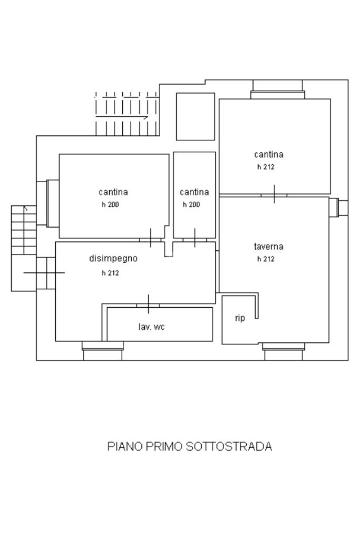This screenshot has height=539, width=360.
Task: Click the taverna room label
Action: pos(268,247)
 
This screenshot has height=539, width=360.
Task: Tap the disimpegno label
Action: pos(113,258)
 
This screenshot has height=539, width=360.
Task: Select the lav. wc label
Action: pos(151,327)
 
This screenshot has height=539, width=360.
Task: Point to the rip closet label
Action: pos(240,318)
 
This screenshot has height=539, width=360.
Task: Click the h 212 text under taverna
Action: pos(266,259)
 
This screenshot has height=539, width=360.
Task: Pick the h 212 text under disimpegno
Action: pos(110,273)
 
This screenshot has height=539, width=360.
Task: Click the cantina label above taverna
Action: pos(268,154)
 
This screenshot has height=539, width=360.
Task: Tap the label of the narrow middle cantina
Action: pos(194,192)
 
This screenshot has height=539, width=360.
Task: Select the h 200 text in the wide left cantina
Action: pos(110,204)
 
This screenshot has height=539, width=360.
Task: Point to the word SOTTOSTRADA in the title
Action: pos(229,446)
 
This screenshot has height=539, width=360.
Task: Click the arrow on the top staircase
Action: pos(122,117)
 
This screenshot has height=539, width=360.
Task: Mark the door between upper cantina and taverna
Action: pos(274,194)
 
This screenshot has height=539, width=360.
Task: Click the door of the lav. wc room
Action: pos(148,305)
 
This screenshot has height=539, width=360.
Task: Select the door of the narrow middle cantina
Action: pos(194,238)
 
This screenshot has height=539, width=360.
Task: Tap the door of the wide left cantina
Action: pos(151,238)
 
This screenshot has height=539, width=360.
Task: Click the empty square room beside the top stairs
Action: pos(196,116)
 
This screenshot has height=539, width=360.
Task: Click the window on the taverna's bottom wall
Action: pos(284,351)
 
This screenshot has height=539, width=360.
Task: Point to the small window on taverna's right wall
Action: pos(339,207)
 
